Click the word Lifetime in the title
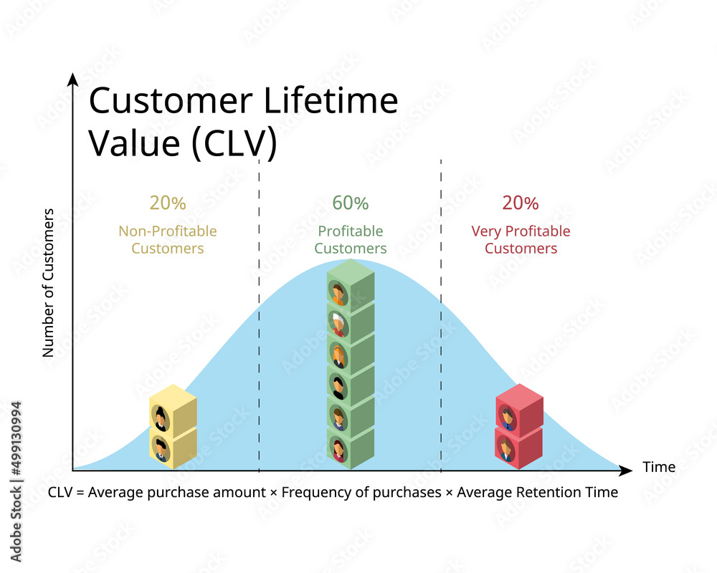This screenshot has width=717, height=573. (x=331, y=100)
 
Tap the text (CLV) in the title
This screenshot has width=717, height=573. (x=234, y=143)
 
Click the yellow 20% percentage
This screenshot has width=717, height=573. (x=168, y=203)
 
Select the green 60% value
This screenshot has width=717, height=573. (x=351, y=203)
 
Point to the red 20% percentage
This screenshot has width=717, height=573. (x=521, y=203)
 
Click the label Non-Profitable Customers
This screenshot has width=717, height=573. (x=168, y=239)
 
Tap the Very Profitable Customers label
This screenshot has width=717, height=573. (x=521, y=239)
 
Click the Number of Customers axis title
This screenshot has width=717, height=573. (x=48, y=283)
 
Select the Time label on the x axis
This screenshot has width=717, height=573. (x=659, y=466)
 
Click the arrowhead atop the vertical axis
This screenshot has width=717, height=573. (x=72, y=79)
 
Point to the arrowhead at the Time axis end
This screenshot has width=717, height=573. (x=625, y=470)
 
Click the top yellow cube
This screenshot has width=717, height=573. (x=174, y=408)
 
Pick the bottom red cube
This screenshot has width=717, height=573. (x=519, y=446)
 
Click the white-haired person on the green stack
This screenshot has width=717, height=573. (x=338, y=324)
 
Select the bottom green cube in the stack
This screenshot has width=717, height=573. (x=351, y=448)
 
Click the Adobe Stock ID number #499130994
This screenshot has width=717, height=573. (x=16, y=438)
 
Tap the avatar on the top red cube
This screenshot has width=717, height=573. (x=507, y=417)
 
